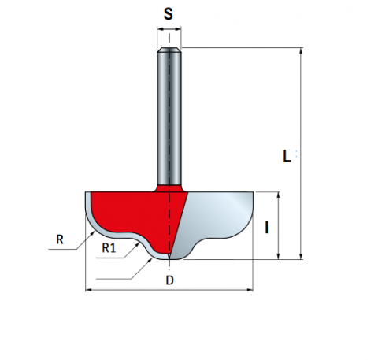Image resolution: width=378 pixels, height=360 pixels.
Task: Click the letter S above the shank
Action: click(x=169, y=14)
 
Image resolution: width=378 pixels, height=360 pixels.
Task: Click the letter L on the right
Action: click(x=287, y=156)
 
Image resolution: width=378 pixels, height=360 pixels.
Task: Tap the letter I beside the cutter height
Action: click(x=267, y=227)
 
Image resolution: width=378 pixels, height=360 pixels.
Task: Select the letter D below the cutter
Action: click(x=170, y=280)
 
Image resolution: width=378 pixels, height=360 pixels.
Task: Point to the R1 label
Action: click(x=109, y=247)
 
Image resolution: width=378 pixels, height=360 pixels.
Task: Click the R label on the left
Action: click(x=60, y=239)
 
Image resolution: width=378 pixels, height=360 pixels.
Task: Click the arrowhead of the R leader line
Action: click(x=92, y=234)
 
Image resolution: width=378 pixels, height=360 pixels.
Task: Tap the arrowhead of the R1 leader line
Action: click(x=137, y=245)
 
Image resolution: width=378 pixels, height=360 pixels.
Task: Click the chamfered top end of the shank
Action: click(x=169, y=50)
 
